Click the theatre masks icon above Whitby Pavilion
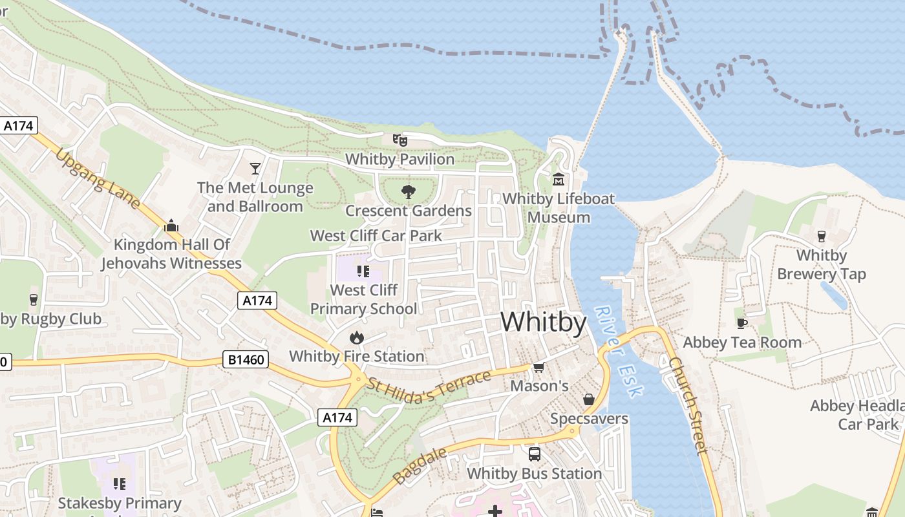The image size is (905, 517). coord(400,140)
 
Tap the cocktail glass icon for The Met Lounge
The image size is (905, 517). coord(255,169)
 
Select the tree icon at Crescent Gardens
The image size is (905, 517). coord(408,191)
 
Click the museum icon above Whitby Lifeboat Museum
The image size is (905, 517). coord(559,179)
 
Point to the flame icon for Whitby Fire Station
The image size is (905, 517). coord(356,337)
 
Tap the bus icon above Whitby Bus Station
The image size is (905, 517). coord(534,454)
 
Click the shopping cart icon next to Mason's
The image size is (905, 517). coord(538,367)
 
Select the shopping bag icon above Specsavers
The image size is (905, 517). coord(589,399)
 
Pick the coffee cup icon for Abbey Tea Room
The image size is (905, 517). coord(741,323)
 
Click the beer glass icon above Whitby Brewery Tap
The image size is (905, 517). coord(822,237)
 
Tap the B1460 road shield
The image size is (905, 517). coord(246,359)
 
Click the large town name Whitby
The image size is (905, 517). coord(543,322)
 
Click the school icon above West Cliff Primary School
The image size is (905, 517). coord(363,271)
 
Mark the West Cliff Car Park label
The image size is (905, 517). coord(376,236)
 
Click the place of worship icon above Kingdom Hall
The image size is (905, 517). coord(171,226)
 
